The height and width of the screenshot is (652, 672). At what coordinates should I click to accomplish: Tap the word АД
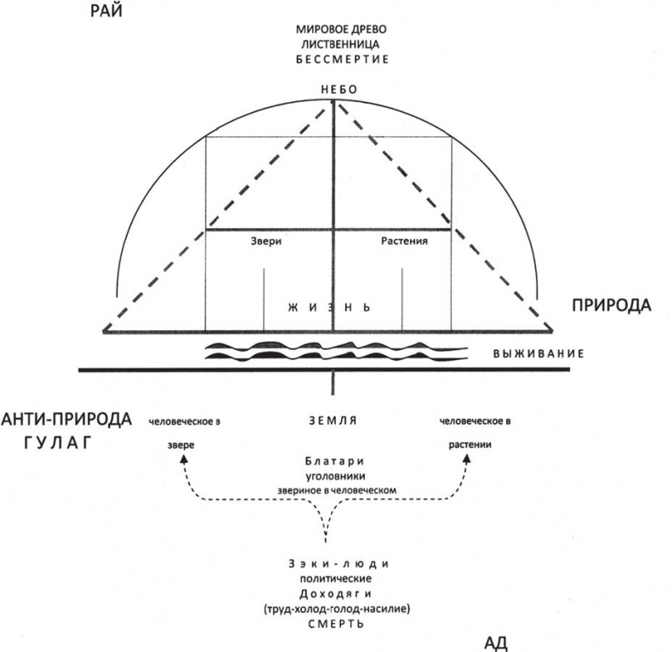pos(496,640)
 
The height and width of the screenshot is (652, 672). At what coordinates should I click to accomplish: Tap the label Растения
pos(401,241)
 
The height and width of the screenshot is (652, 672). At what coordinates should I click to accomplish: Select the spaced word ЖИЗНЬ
pos(333,305)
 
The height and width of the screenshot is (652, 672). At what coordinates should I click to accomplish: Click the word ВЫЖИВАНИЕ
pos(539,352)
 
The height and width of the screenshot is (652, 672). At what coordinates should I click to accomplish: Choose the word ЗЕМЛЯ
pos(333,420)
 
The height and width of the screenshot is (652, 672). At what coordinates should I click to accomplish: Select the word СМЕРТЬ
pos(333,623)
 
